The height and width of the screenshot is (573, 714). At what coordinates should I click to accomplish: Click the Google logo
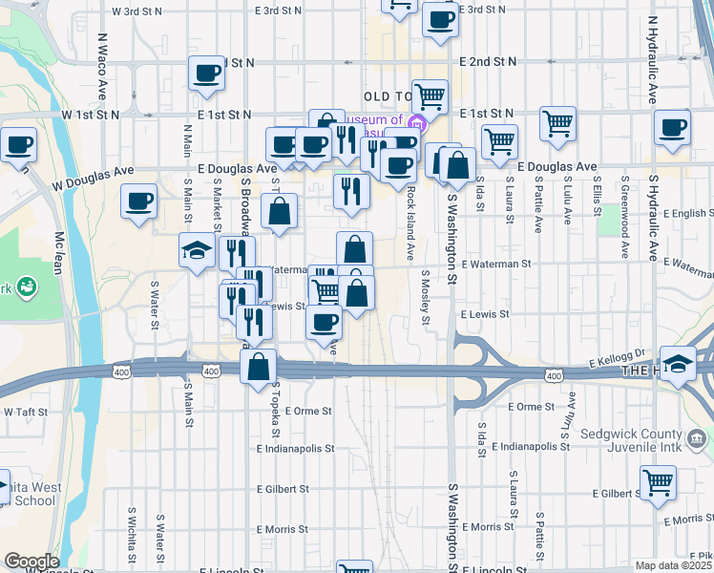pos(31,562)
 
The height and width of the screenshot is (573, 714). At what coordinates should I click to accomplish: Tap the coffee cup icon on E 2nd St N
pos(206,74)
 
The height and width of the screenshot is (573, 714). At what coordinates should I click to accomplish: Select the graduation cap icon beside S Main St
pos(198,251)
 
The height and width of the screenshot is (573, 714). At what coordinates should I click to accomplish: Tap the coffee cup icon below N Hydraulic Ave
pos(673,128)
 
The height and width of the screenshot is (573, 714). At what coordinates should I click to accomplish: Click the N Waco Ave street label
pos(101,69)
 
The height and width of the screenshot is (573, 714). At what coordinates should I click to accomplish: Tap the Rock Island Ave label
pos(410,223)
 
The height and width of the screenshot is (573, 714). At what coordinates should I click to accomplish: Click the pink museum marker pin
pos(417,124)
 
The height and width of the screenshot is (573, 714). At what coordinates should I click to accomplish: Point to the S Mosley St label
pos(424,297)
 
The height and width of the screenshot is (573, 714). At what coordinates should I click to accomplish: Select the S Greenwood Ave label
pos(626,217)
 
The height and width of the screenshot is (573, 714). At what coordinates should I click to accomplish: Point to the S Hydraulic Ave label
pos(655,217)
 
